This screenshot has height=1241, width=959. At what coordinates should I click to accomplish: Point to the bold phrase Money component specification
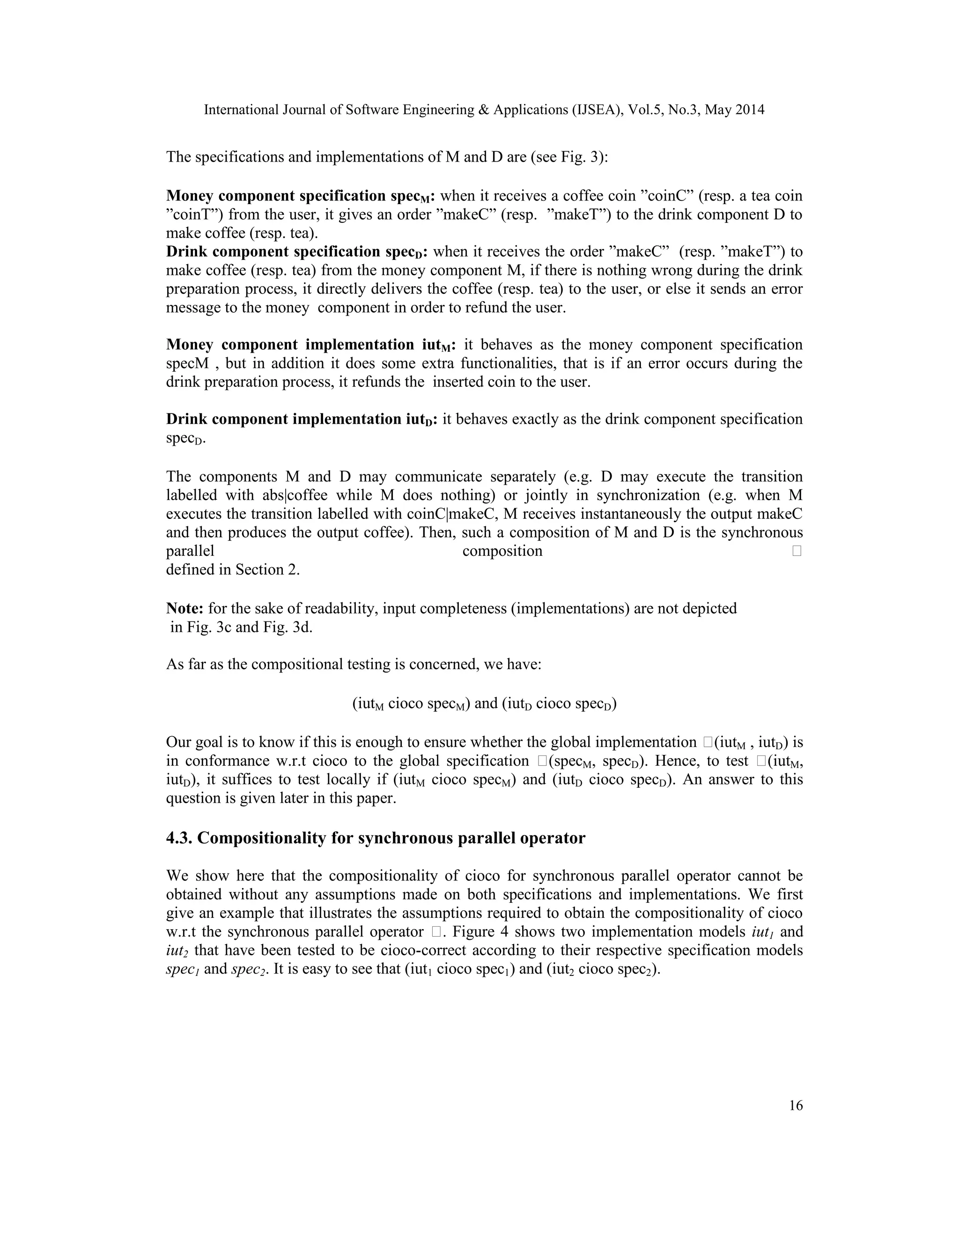[276, 196]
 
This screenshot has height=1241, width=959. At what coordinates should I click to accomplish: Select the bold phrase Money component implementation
[290, 345]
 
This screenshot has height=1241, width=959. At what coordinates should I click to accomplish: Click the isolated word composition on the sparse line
[502, 551]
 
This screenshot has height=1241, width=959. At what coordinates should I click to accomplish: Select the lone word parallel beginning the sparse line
[190, 551]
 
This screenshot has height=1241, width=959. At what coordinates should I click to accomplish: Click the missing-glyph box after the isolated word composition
[796, 551]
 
